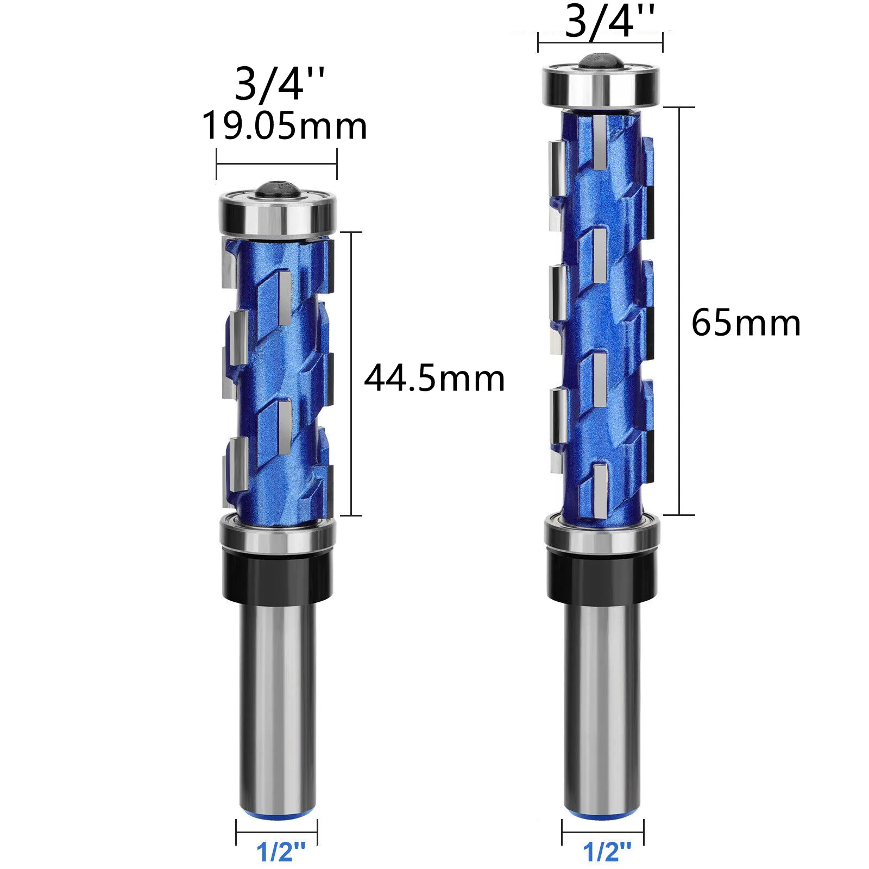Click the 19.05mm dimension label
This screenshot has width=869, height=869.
click(x=285, y=126)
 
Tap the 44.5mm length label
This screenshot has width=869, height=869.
click(x=434, y=379)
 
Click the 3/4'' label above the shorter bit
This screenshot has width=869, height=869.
click(x=280, y=84)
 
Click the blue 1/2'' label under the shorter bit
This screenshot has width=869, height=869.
click(x=281, y=852)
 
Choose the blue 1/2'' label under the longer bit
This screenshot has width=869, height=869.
click(x=607, y=852)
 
